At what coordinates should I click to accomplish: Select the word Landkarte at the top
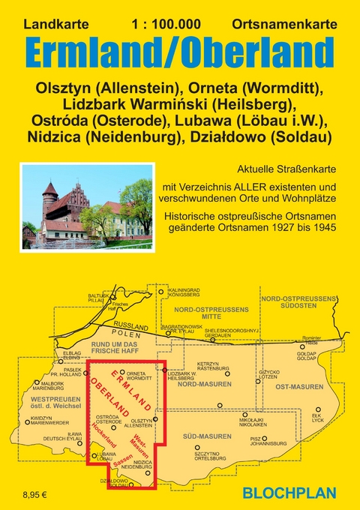(54, 25)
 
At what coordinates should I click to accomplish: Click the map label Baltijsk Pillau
(99, 298)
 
